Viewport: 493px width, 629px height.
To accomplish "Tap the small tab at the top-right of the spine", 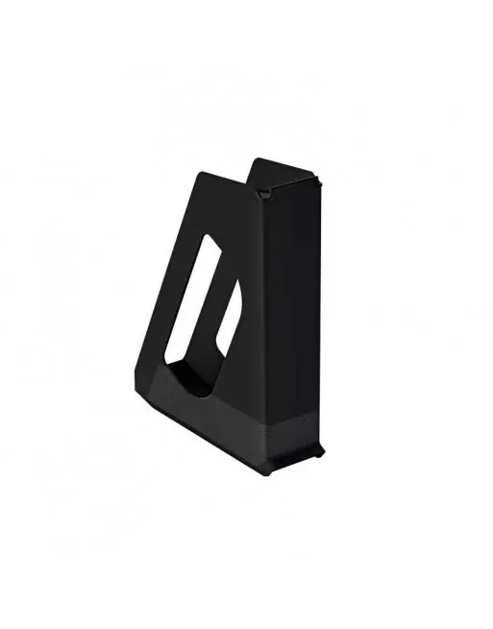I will tap(318, 179).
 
